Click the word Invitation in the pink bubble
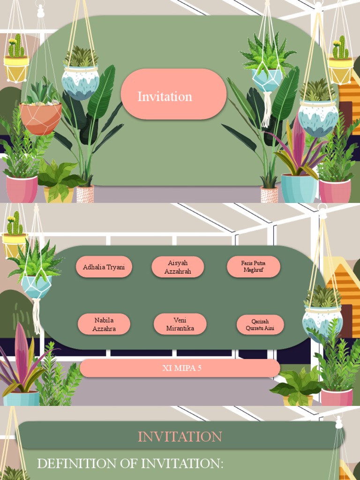point(165,97)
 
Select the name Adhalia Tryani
point(104,267)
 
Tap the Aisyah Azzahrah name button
point(178,267)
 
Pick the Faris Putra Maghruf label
point(254,267)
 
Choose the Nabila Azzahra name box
point(104,324)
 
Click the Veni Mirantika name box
point(180,324)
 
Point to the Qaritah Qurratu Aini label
point(260,325)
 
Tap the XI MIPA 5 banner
point(180,368)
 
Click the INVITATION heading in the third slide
point(180,436)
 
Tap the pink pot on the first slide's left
point(22,188)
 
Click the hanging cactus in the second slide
point(15,225)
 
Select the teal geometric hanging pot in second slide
point(37,286)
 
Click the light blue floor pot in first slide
point(299,188)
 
